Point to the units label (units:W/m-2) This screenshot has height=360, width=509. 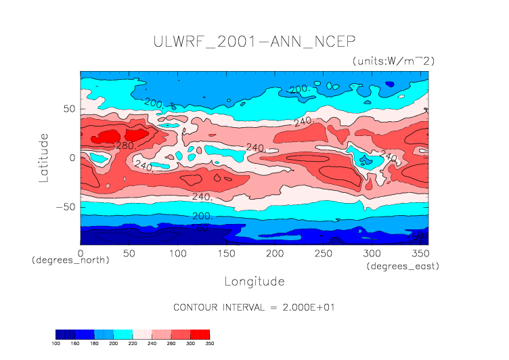coord(393,61)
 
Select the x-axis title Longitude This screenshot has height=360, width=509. coord(254,281)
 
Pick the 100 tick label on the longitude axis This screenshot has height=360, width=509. coord(177,253)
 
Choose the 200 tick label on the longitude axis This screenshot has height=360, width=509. coord(273,253)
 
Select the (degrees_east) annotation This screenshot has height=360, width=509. coord(403,267)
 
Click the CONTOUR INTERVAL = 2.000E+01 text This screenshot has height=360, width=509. coord(254,307)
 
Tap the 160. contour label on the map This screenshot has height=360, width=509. coord(203,228)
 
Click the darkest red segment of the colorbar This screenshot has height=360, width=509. coord(200,334)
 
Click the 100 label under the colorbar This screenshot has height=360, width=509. coord(56,344)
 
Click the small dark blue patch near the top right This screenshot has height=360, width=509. coord(390,84)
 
